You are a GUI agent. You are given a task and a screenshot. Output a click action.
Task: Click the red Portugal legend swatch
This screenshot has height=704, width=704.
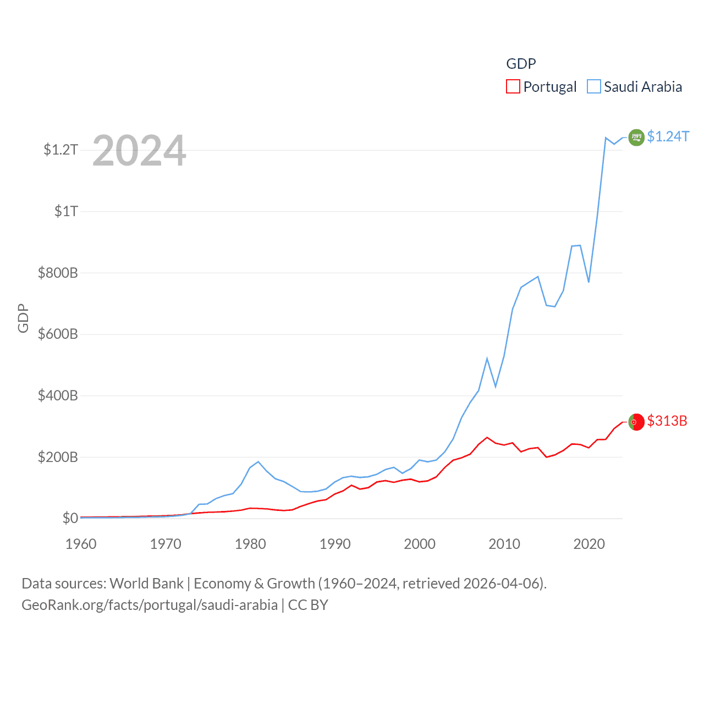click(x=513, y=87)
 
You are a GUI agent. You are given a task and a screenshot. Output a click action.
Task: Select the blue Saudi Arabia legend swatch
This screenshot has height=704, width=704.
click(x=594, y=87)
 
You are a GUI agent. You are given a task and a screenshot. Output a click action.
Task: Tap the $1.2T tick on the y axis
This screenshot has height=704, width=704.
click(x=61, y=150)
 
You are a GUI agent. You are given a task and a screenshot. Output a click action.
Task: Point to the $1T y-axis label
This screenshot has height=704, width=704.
click(x=66, y=211)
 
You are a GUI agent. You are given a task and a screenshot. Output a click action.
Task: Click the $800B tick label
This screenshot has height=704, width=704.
click(x=58, y=273)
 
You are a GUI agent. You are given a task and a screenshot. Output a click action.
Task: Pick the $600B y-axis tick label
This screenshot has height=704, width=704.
click(x=58, y=334)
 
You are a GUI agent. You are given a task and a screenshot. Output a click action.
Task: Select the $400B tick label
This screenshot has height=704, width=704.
click(x=58, y=395)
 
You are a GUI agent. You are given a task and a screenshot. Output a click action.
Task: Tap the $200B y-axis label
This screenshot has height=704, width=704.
click(x=58, y=457)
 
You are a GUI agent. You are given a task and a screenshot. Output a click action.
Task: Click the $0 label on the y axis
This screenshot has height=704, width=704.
click(x=70, y=518)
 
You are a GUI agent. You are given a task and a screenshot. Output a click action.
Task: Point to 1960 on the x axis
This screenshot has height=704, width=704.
click(x=81, y=544)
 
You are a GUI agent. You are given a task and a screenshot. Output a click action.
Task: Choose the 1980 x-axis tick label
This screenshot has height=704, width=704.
click(x=250, y=544)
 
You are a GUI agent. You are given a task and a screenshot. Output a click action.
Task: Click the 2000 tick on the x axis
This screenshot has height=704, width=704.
click(x=420, y=544)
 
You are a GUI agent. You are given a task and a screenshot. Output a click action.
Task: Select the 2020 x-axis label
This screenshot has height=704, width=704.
click(x=589, y=544)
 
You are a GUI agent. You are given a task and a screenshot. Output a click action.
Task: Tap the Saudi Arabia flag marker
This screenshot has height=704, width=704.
click(x=636, y=137)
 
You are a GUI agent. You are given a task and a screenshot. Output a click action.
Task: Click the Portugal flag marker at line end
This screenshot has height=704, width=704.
click(x=636, y=422)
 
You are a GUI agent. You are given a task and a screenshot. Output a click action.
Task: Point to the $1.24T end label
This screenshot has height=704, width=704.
click(x=668, y=136)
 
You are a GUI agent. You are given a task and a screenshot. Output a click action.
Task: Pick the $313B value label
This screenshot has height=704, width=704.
click(x=667, y=421)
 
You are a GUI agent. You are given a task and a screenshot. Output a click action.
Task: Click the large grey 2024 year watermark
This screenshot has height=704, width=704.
click(x=139, y=151)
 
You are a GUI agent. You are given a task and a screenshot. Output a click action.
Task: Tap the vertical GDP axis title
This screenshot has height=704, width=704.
click(x=23, y=318)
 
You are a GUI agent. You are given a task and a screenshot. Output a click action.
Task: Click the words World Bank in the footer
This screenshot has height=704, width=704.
click(x=147, y=583)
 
